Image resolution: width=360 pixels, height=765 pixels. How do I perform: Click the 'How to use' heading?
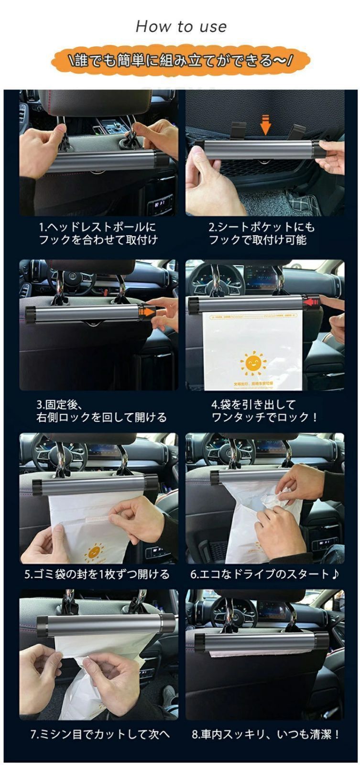tap(181, 26)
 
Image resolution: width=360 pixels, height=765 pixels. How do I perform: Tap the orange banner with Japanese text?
tap(181, 61)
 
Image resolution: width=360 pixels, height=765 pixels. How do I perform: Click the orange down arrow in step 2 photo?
tap(265, 126)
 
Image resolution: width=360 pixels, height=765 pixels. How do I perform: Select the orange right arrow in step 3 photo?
tap(148, 312)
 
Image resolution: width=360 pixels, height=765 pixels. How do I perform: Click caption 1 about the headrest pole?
tap(98, 233)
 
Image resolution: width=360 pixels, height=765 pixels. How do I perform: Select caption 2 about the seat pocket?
tap(262, 233)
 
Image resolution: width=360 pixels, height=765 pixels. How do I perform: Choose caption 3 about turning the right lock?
tap(101, 411)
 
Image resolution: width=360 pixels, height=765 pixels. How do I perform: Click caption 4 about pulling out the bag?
tap(264, 411)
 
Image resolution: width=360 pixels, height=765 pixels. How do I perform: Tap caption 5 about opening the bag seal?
tap(97, 574)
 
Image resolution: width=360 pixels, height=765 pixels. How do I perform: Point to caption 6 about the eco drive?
tap(264, 574)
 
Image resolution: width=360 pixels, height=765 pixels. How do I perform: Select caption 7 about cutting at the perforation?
tap(100, 734)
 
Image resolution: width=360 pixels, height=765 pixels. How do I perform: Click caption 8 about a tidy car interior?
tap(266, 734)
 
